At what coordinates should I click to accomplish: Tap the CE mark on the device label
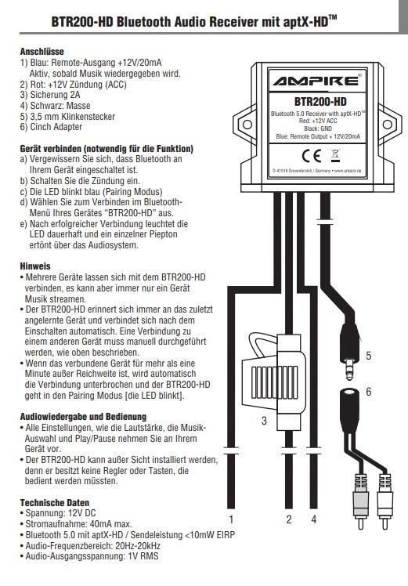tap(312, 155)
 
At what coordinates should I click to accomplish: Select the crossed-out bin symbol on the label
tap(335, 155)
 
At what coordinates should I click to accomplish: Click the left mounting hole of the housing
tap(247, 124)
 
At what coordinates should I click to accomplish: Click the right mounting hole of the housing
tap(388, 125)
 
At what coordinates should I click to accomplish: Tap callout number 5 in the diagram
tap(368, 356)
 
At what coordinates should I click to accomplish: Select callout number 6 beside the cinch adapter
tap(369, 391)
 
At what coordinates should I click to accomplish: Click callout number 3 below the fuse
tap(264, 421)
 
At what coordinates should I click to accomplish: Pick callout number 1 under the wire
tap(231, 519)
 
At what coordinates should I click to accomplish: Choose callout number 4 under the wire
tap(313, 519)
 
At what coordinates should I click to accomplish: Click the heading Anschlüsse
tap(42, 51)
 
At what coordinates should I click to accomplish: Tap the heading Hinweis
tap(35, 266)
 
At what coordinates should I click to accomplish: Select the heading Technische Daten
tap(55, 503)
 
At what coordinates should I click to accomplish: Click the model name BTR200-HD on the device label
tap(320, 102)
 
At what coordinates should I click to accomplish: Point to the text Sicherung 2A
tap(55, 95)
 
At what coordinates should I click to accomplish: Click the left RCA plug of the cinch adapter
tap(360, 501)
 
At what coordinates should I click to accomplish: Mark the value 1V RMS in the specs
tap(143, 556)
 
